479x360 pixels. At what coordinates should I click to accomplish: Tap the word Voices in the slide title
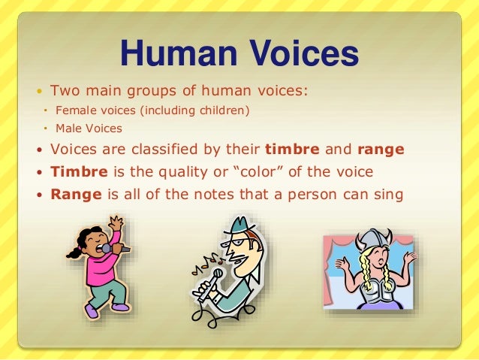pyautogui.click(x=298, y=53)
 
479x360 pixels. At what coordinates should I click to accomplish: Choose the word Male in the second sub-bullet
pyautogui.click(x=66, y=129)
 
